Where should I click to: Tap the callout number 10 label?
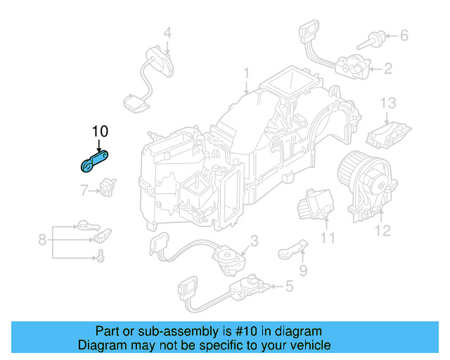click(100, 131)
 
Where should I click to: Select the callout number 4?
click(167, 32)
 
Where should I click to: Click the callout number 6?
click(404, 34)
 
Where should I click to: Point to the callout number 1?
click(246, 73)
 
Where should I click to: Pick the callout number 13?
click(389, 103)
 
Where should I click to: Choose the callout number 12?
click(382, 229)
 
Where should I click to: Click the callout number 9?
click(303, 270)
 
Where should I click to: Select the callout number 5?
click(289, 286)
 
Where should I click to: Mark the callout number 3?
click(254, 241)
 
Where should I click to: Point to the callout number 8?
click(42, 240)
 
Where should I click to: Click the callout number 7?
click(84, 190)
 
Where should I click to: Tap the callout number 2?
click(387, 68)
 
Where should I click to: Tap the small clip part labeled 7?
click(107, 186)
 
